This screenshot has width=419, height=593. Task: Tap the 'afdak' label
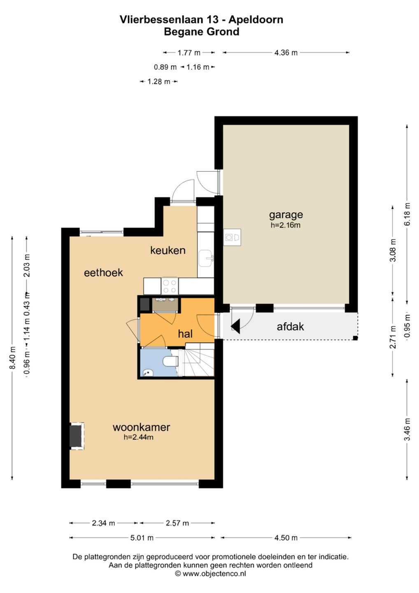tap(290, 327)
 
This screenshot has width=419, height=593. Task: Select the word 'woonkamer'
tap(141, 427)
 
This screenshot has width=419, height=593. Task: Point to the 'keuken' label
tap(168, 250)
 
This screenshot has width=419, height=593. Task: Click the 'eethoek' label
tap(103, 273)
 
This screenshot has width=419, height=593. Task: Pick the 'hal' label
tap(185, 334)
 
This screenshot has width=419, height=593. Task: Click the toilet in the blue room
tap(171, 361)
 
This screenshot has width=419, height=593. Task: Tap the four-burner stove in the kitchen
tap(170, 286)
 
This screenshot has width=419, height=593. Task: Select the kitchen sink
tap(205, 258)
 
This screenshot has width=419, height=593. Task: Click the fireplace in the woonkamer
tap(77, 436)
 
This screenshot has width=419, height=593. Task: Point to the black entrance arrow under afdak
tap(235, 326)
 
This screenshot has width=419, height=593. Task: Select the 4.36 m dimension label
tap(286, 53)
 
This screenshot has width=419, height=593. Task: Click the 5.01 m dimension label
tap(142, 538)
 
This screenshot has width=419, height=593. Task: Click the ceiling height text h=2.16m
tap(285, 225)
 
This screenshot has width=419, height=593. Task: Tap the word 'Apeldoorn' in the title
tap(256, 20)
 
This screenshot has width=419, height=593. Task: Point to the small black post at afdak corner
tap(356, 338)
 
